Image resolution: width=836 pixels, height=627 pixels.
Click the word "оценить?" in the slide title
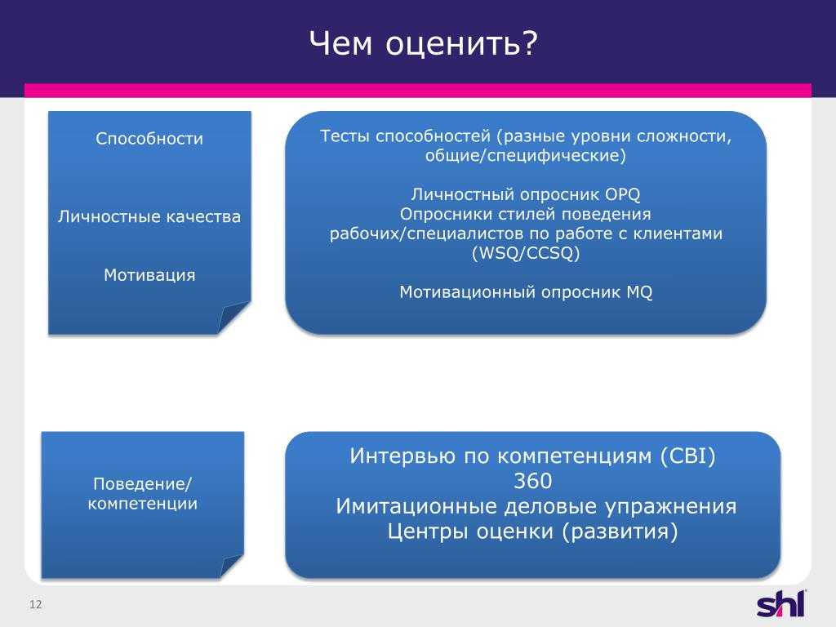(x=461, y=44)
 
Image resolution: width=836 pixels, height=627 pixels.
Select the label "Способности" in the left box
(x=149, y=139)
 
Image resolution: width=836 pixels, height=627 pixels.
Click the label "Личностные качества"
(x=149, y=216)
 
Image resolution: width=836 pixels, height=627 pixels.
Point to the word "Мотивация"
(x=149, y=275)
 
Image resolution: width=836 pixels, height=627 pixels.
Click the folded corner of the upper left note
(x=233, y=318)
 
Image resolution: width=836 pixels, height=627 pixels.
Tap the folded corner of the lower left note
(x=231, y=567)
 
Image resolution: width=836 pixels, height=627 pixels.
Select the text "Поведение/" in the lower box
(x=142, y=483)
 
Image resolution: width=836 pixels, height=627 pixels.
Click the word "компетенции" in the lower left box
(x=142, y=503)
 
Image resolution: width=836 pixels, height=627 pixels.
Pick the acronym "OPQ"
(x=622, y=194)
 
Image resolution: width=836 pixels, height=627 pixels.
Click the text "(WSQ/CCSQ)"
(x=526, y=253)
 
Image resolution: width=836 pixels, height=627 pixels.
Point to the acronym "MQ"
(x=639, y=292)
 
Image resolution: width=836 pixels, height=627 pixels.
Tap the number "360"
(x=532, y=482)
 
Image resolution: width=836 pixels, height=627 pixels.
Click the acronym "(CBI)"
(x=687, y=456)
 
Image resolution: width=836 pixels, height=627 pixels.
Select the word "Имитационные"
(x=416, y=506)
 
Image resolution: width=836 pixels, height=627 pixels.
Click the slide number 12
(x=36, y=604)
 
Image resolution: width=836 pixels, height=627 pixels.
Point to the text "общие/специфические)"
(x=525, y=156)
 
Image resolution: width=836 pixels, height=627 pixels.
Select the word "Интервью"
(x=402, y=456)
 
